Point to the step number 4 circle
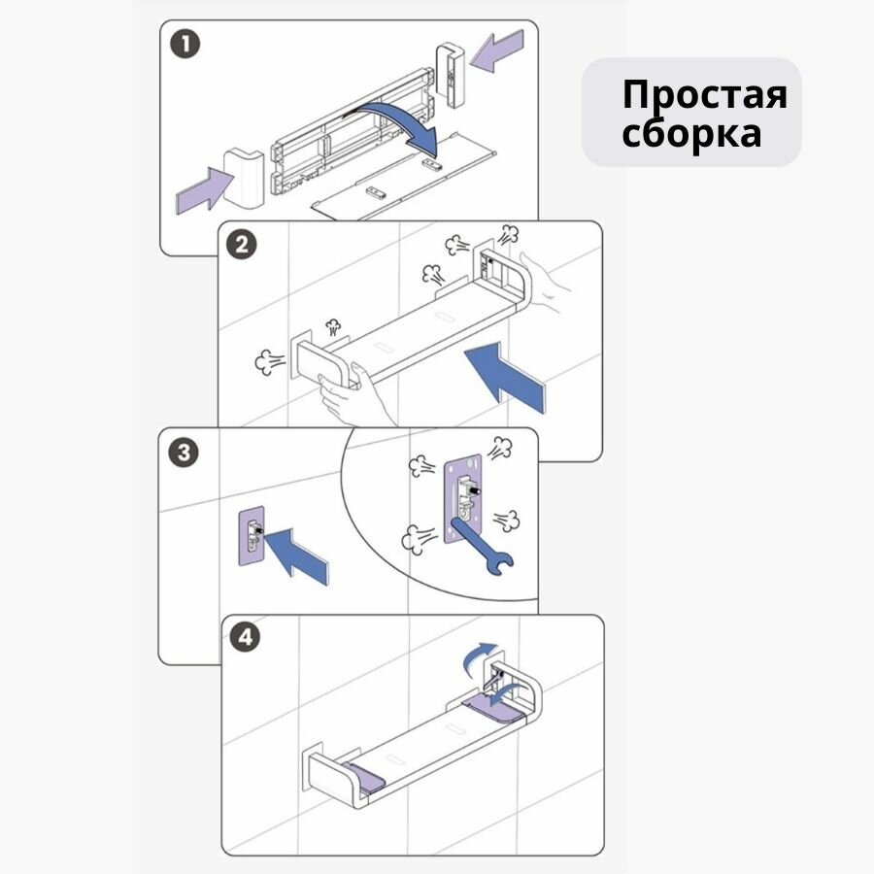pos(248,638)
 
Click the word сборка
pos(691,133)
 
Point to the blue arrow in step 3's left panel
pos(300,555)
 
